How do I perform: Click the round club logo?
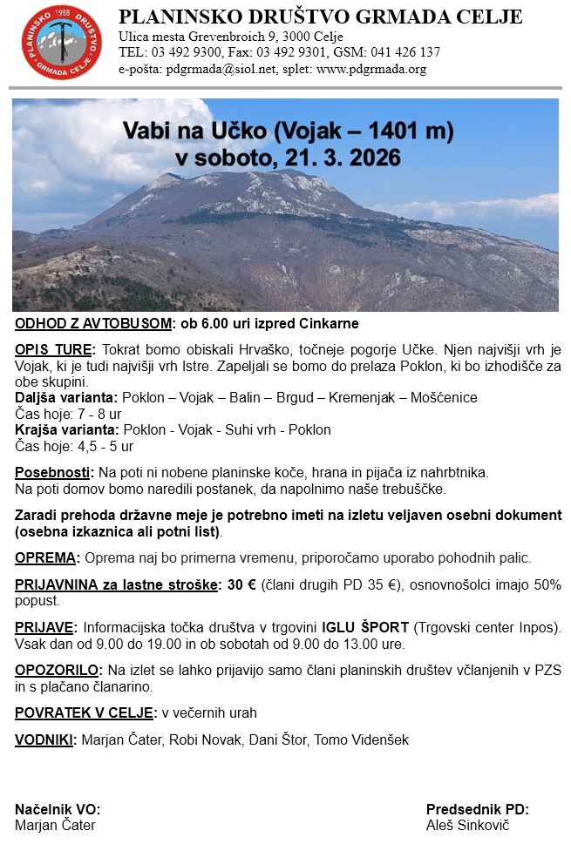tap(61, 42)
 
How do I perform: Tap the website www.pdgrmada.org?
tap(375, 69)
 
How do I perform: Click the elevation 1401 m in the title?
tap(409, 132)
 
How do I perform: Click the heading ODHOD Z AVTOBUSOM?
tap(93, 324)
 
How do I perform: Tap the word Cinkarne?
tap(323, 324)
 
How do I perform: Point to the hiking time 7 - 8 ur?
tap(97, 414)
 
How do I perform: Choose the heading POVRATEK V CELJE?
tap(85, 712)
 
